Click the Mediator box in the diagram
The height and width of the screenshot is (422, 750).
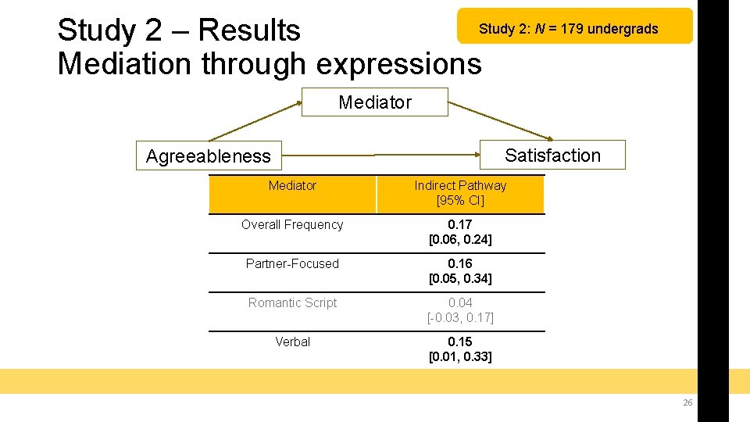click(x=375, y=102)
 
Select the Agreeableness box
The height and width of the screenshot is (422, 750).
click(x=208, y=156)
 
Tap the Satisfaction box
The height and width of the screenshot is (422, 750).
click(x=552, y=156)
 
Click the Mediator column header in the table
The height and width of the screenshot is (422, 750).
click(x=292, y=186)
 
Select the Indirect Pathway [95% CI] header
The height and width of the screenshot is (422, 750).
click(x=460, y=193)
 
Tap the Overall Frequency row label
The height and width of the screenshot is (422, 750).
click(x=292, y=225)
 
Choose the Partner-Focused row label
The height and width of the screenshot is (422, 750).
click(x=292, y=264)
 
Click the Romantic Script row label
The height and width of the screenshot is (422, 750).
click(x=292, y=303)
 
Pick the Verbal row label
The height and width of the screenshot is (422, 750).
click(x=292, y=342)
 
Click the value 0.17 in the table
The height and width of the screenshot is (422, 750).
click(x=460, y=225)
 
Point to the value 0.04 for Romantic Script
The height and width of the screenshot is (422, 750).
click(x=460, y=303)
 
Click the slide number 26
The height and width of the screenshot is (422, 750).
click(x=687, y=402)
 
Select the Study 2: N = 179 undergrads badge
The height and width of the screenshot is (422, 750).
click(x=569, y=30)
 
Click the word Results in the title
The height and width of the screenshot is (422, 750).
click(x=249, y=30)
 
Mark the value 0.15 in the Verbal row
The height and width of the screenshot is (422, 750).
click(x=460, y=342)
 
